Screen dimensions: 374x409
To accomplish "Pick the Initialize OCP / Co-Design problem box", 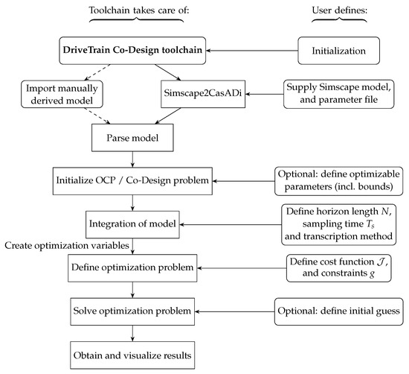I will [132, 180].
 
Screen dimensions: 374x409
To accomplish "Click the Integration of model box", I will [132, 221].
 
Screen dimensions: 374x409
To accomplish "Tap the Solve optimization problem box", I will [132, 308].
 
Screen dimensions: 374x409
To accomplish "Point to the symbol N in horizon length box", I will [379, 211].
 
